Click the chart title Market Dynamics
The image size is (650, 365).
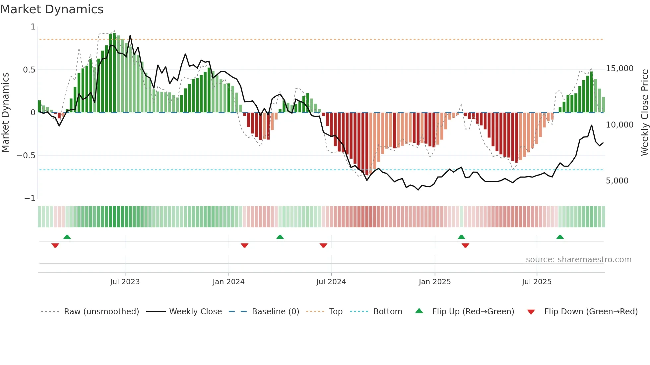click(52, 9)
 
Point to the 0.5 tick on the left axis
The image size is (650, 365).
click(29, 70)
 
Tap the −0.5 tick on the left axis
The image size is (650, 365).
click(26, 156)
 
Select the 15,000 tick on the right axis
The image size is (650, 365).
click(619, 69)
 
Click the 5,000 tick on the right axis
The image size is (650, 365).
click(617, 181)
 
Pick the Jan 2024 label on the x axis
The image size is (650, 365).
click(228, 282)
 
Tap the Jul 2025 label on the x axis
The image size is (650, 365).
click(537, 282)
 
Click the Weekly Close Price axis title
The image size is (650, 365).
click(644, 112)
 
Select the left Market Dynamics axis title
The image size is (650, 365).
click(5, 112)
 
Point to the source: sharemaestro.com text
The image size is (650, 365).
click(578, 260)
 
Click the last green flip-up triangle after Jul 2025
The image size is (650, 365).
click(560, 237)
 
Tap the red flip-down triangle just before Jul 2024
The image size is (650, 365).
click(323, 245)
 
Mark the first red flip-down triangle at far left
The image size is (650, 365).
click(55, 245)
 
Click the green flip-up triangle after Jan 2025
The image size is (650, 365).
click(461, 237)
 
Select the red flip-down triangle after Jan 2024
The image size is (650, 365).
click(244, 245)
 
